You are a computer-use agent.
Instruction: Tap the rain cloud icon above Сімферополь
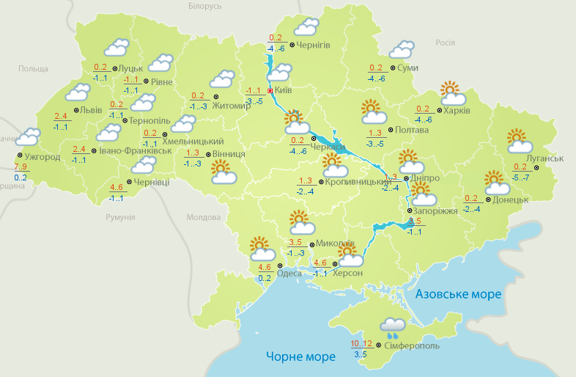click(394, 326)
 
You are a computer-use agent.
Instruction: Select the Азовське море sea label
click(458, 294)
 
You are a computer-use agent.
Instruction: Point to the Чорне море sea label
click(300, 356)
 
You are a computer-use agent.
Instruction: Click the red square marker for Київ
click(270, 91)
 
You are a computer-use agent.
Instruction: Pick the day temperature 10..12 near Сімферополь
click(361, 344)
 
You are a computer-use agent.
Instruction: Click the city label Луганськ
click(544, 158)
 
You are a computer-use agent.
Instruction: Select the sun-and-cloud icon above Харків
click(453, 93)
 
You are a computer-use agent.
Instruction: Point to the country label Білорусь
click(204, 6)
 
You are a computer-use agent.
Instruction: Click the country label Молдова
click(204, 218)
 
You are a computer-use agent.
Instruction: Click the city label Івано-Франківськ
click(135, 150)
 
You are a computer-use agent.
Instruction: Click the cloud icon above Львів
click(77, 92)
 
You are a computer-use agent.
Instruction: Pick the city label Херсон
click(348, 273)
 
